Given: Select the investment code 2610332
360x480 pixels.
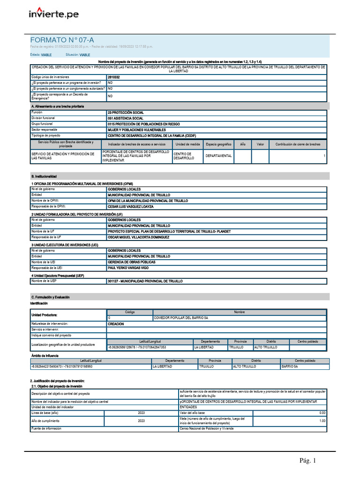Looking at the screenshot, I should pyautogui.click(x=114, y=76).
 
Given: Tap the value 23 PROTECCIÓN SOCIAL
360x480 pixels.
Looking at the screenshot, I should pyautogui.click(x=126, y=112).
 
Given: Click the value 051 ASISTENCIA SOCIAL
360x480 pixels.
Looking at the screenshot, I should pyautogui.click(x=125, y=118).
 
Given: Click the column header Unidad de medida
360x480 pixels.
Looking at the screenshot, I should pyautogui.click(x=188, y=144).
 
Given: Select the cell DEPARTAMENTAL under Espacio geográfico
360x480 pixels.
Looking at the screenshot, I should pyautogui.click(x=218, y=156).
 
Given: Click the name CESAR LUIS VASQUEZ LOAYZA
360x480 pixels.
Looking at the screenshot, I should pyautogui.click(x=131, y=206).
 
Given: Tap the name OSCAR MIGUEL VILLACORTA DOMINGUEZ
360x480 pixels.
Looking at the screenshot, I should pyautogui.click(x=138, y=237).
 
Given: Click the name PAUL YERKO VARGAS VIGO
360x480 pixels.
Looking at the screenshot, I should pyautogui.click(x=128, y=268).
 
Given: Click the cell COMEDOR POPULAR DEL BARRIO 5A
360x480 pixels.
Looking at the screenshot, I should pyautogui.click(x=181, y=318).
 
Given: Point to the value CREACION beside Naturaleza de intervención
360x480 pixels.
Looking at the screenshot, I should pyautogui.click(x=116, y=324).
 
